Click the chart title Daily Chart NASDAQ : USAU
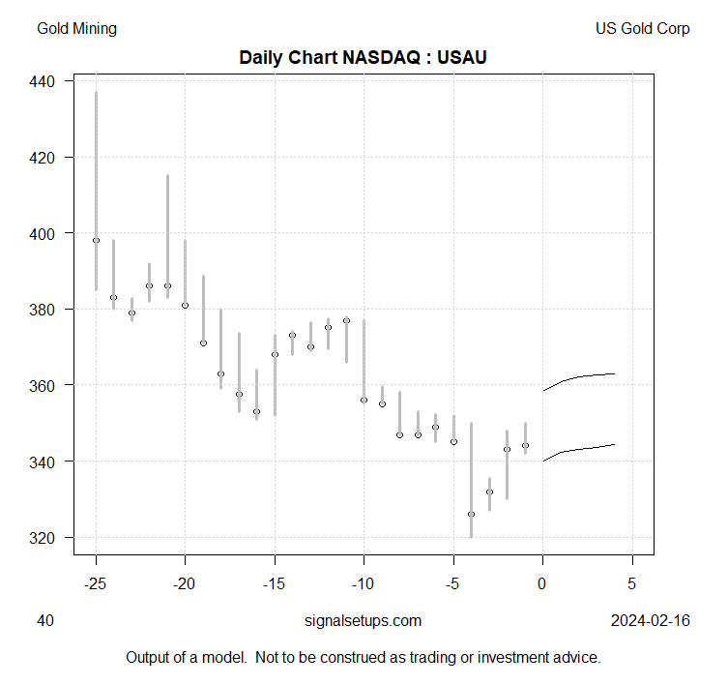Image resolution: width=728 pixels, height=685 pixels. pos(363,57)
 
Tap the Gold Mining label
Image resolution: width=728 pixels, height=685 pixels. pos(76,29)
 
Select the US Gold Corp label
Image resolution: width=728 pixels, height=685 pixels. pos(643,29)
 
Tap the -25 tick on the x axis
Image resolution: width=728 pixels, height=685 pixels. pos(96,583)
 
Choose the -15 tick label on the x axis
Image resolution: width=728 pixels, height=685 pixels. pos(275,583)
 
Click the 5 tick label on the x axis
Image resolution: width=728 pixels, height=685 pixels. pos(632,583)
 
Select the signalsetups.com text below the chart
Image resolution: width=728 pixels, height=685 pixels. pos(363,620)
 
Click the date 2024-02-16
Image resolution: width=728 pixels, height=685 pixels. pos(651,620)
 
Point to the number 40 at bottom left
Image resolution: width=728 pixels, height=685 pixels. pos(45,620)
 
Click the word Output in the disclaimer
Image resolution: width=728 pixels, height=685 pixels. pos(149,658)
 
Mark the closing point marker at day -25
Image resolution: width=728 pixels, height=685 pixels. pos(96,240)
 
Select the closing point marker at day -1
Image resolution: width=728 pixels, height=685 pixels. pos(525,445)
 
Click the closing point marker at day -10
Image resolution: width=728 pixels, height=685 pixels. pos(364,400)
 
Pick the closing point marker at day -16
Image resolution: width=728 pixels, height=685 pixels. pos(256,411)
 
